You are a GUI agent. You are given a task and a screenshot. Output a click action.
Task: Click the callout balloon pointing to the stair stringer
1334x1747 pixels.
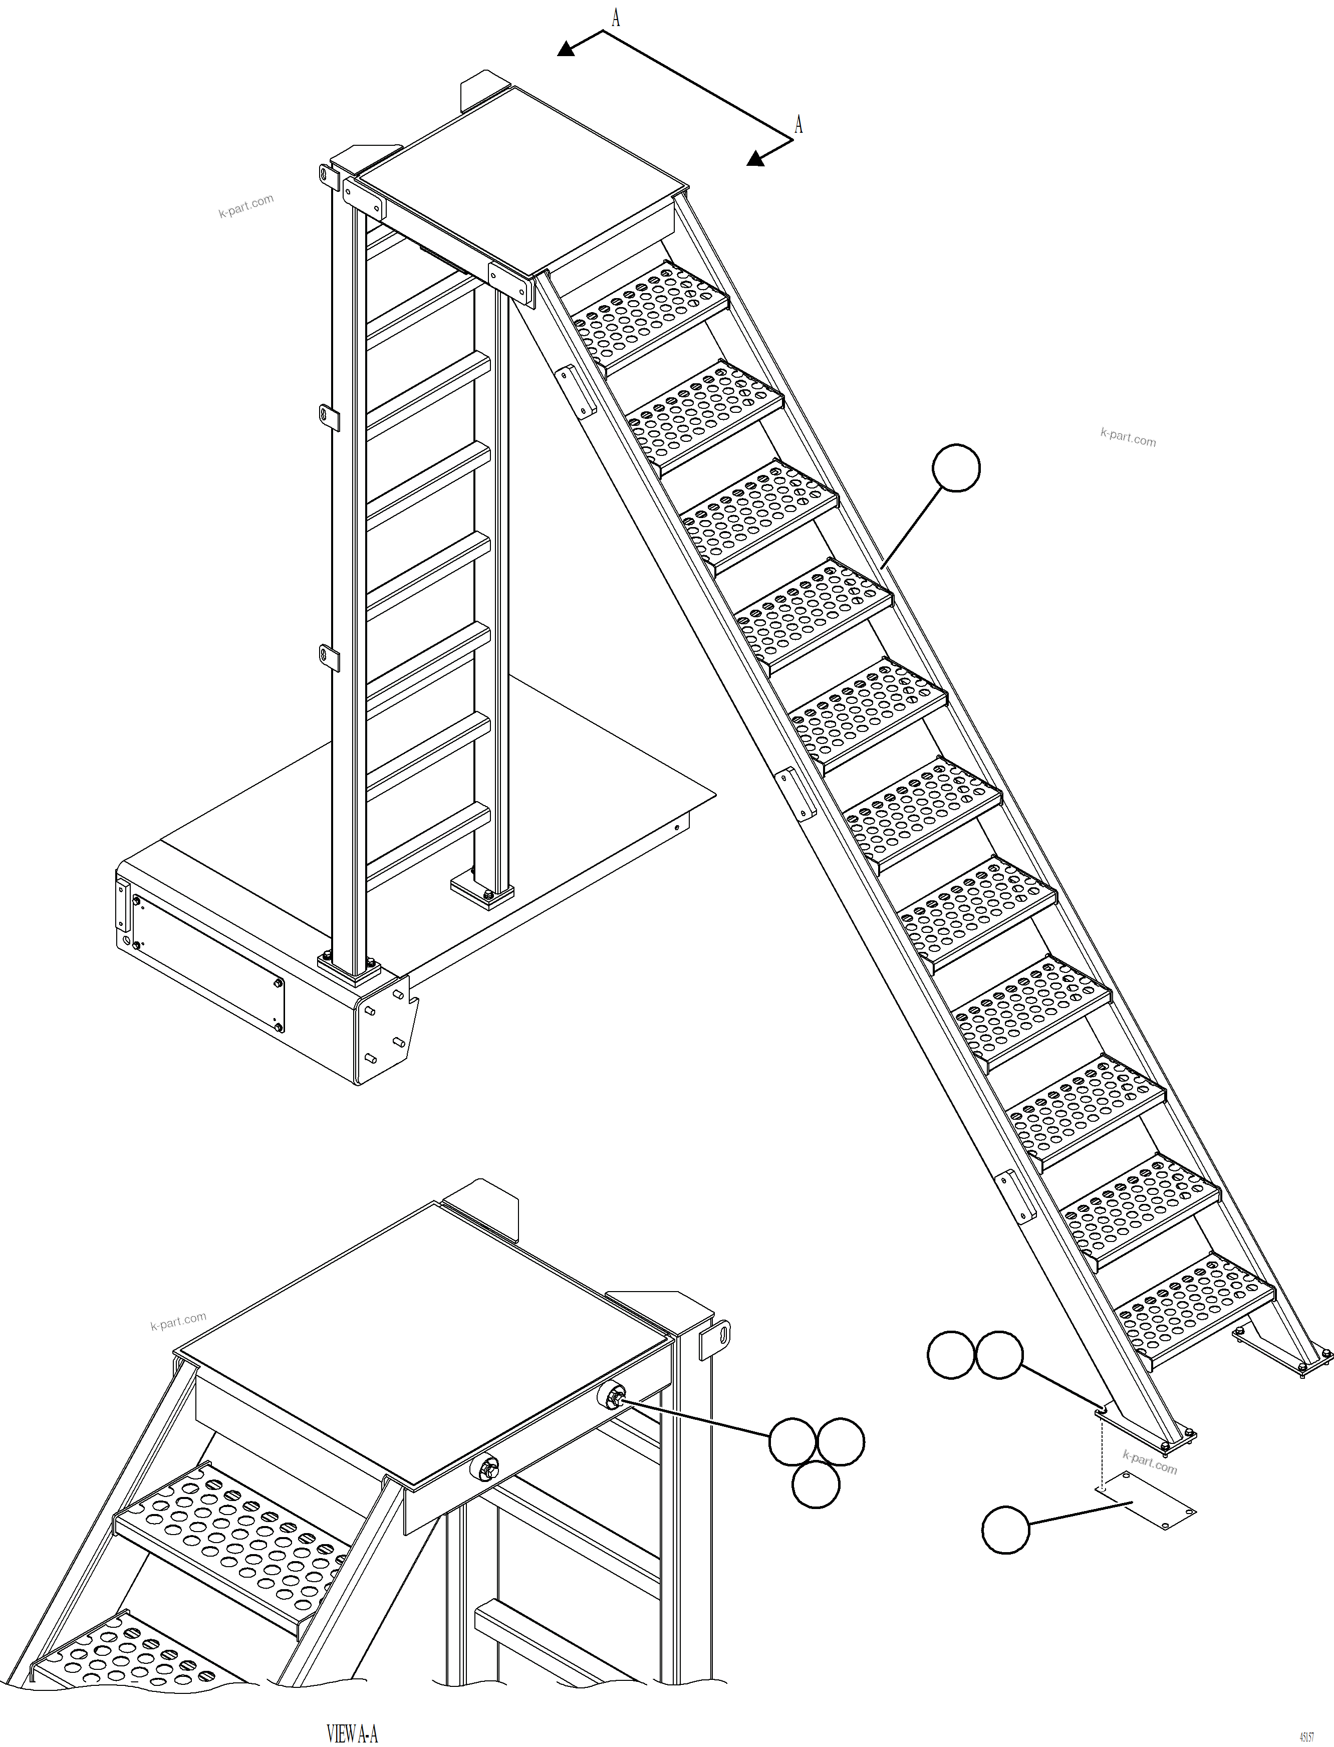[x=955, y=468]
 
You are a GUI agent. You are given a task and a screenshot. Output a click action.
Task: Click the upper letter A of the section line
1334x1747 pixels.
[x=615, y=18]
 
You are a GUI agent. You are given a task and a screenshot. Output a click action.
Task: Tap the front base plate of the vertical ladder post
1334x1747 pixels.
[x=349, y=969]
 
